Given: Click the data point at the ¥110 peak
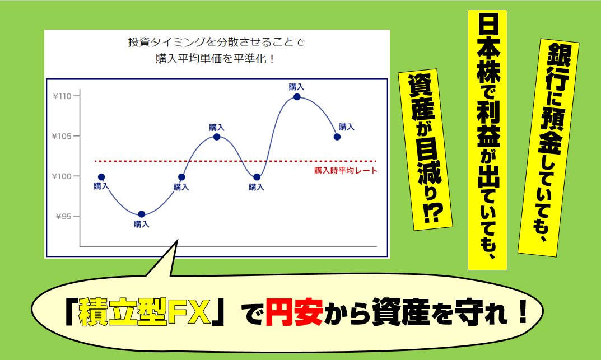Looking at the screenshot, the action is pyautogui.click(x=297, y=97).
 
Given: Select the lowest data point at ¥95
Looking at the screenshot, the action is pyautogui.click(x=142, y=214).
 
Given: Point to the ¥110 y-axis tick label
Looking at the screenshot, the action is pyautogui.click(x=62, y=96).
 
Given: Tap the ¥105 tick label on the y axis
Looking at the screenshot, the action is pyautogui.click(x=62, y=136).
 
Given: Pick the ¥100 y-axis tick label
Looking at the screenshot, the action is pyautogui.click(x=62, y=176).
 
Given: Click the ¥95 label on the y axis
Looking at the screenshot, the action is pyautogui.click(x=64, y=216).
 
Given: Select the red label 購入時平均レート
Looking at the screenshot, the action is pyautogui.click(x=346, y=171).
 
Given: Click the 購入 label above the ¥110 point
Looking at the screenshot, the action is pyautogui.click(x=296, y=87).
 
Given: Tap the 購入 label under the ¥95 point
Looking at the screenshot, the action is pyautogui.click(x=142, y=224).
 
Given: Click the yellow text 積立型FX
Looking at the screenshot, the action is pyautogui.click(x=145, y=312).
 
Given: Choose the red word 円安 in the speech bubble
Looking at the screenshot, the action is pyautogui.click(x=294, y=312).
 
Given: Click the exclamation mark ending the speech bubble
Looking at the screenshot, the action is pyautogui.click(x=523, y=311).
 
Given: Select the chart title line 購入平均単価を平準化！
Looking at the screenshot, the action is pyautogui.click(x=215, y=59).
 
